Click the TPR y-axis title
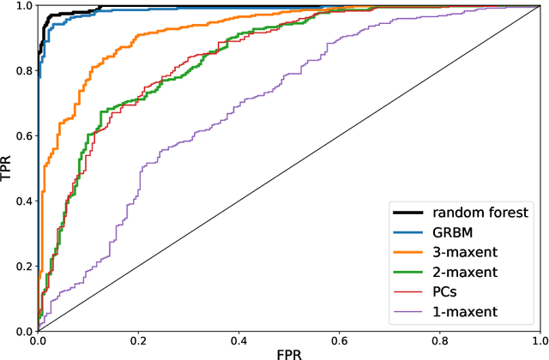(x=8, y=169)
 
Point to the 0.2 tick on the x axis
(x=138, y=340)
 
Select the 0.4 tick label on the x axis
(x=238, y=340)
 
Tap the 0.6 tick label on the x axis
(x=339, y=340)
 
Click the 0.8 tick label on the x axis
(x=439, y=340)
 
